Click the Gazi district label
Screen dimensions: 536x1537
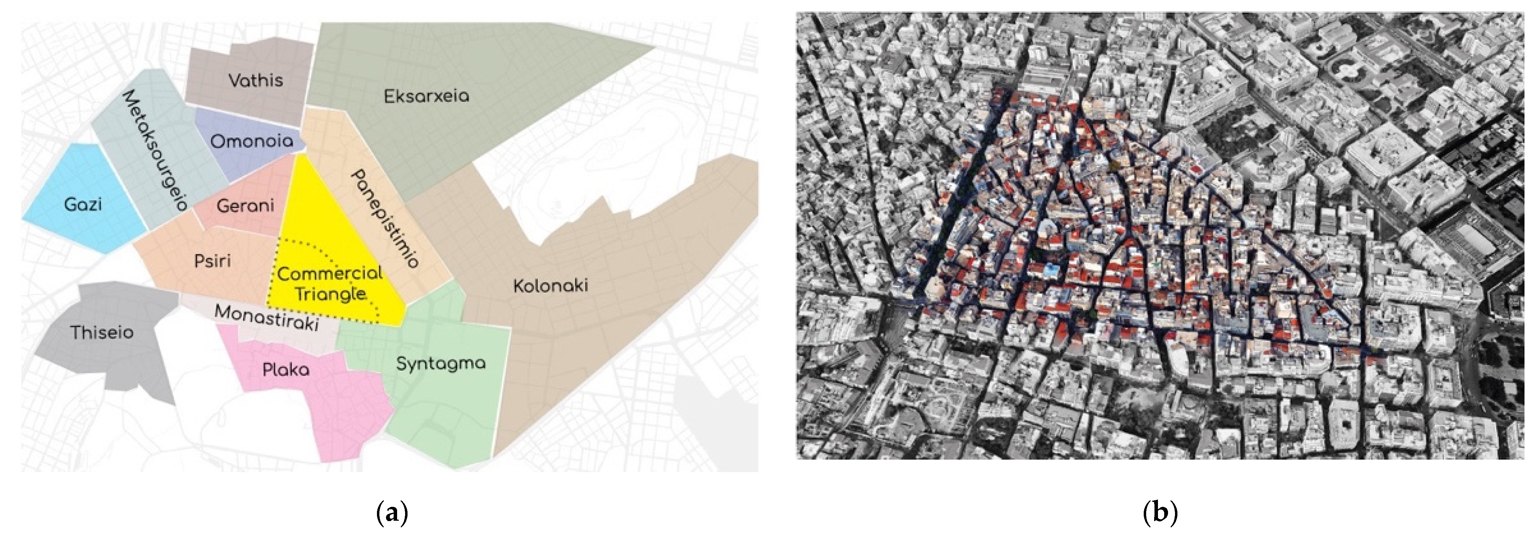(x=83, y=204)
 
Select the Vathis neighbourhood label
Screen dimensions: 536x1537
(x=256, y=80)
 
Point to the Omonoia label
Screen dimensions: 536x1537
(x=252, y=141)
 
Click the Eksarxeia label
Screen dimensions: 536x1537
(x=427, y=96)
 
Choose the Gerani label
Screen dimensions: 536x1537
(x=245, y=206)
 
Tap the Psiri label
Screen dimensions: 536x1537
(x=212, y=261)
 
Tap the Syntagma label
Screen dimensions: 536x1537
(x=441, y=363)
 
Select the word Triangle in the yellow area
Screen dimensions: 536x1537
(x=330, y=294)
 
